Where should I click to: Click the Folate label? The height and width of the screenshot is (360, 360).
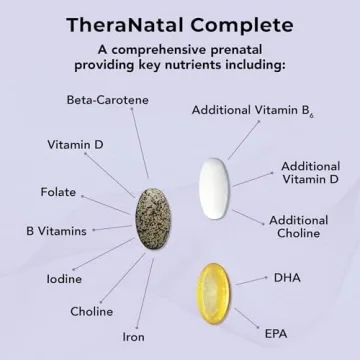pos(58,192)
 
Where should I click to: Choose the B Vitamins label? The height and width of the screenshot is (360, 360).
pos(56,231)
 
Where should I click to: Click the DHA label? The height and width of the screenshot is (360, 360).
pos(287,277)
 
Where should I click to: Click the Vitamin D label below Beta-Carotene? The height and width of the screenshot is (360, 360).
pos(75,144)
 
